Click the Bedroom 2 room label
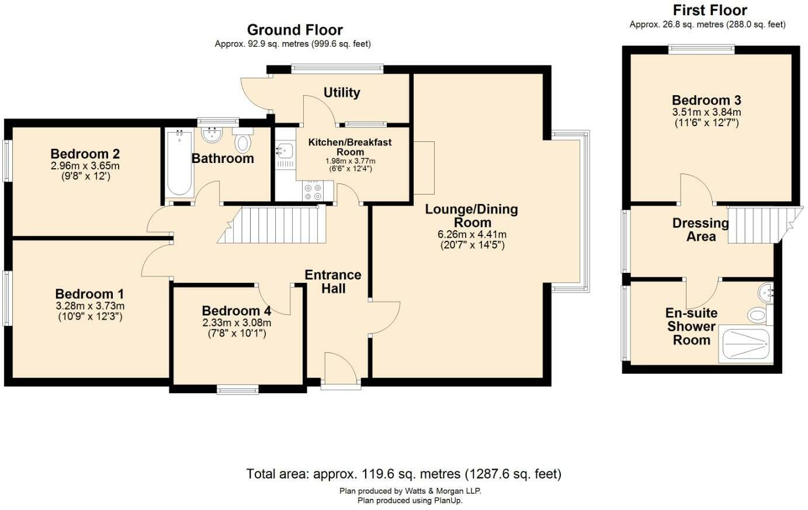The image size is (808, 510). (85, 154)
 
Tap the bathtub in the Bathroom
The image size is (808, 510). (179, 164)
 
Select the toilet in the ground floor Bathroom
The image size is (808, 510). (243, 141)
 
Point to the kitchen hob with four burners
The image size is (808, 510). (313, 192)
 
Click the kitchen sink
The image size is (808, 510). (285, 151)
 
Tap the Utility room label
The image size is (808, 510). (342, 93)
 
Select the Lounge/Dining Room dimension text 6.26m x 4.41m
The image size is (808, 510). (472, 234)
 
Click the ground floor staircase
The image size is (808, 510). (272, 224)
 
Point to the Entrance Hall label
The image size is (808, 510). (333, 282)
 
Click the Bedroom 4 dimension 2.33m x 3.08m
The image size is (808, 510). (237, 323)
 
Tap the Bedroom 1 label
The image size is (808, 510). (89, 294)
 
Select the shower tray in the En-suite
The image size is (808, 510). (745, 344)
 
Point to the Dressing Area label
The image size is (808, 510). (701, 230)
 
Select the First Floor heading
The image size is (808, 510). (710, 11)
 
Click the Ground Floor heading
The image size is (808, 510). (294, 30)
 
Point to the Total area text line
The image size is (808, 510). (404, 474)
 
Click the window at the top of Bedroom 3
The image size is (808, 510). (701, 50)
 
